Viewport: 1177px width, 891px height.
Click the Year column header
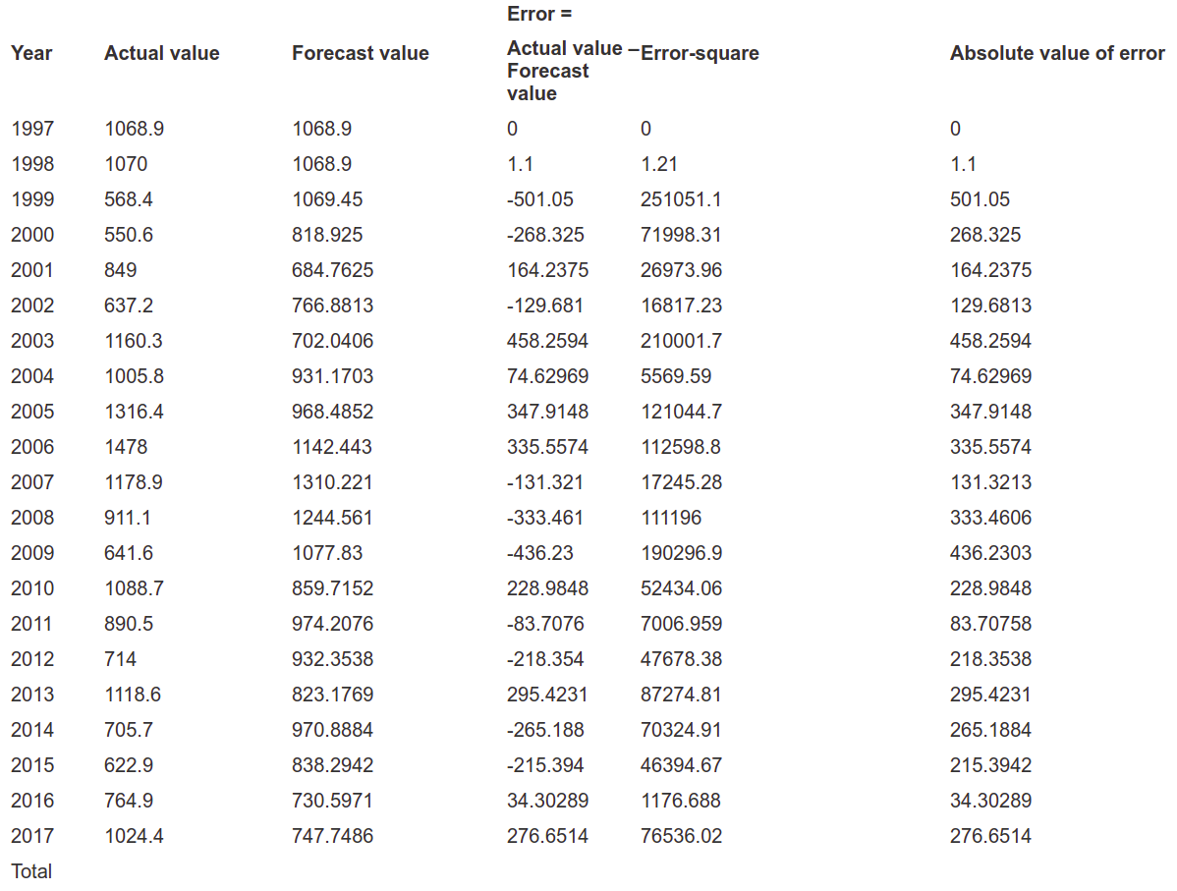pyautogui.click(x=31, y=53)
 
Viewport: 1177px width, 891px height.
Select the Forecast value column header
pyautogui.click(x=361, y=53)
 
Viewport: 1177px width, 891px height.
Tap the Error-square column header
pyautogui.click(x=700, y=53)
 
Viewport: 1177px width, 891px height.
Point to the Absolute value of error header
pyautogui.click(x=1058, y=53)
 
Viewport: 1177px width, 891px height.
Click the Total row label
pyautogui.click(x=31, y=871)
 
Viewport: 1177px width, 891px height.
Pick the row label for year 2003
pyautogui.click(x=32, y=341)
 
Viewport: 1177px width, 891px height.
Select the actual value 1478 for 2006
pyautogui.click(x=126, y=447)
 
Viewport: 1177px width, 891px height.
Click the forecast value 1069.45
pyautogui.click(x=327, y=199)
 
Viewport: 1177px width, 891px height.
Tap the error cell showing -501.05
pyautogui.click(x=539, y=199)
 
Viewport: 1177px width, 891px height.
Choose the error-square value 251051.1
pyautogui.click(x=681, y=199)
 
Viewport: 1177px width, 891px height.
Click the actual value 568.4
pyautogui.click(x=129, y=199)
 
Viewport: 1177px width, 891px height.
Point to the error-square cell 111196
pyautogui.click(x=671, y=518)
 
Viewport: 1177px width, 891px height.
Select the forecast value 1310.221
pyautogui.click(x=332, y=482)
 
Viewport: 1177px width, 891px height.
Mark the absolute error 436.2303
pyautogui.click(x=991, y=553)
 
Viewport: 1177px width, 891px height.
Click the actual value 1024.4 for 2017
pyautogui.click(x=134, y=836)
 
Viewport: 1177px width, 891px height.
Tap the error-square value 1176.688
pyautogui.click(x=681, y=801)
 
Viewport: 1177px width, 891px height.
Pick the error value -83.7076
pyautogui.click(x=545, y=624)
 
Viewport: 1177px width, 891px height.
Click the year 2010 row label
pyautogui.click(x=32, y=588)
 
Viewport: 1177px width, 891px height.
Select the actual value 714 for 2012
pyautogui.click(x=120, y=659)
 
